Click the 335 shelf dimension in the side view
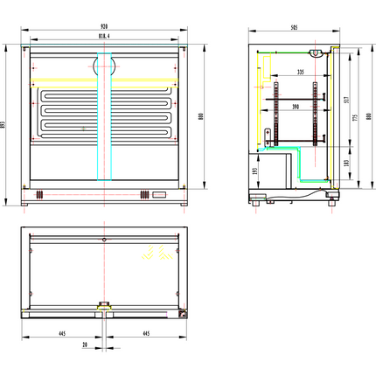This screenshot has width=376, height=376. pyautogui.click(x=300, y=72)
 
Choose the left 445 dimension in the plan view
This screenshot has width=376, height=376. pyautogui.click(x=64, y=332)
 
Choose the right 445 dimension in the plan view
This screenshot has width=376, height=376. pyautogui.click(x=145, y=332)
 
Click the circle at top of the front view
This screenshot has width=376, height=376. pyautogui.click(x=105, y=65)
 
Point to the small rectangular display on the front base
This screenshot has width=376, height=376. pyautogui.click(x=158, y=193)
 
